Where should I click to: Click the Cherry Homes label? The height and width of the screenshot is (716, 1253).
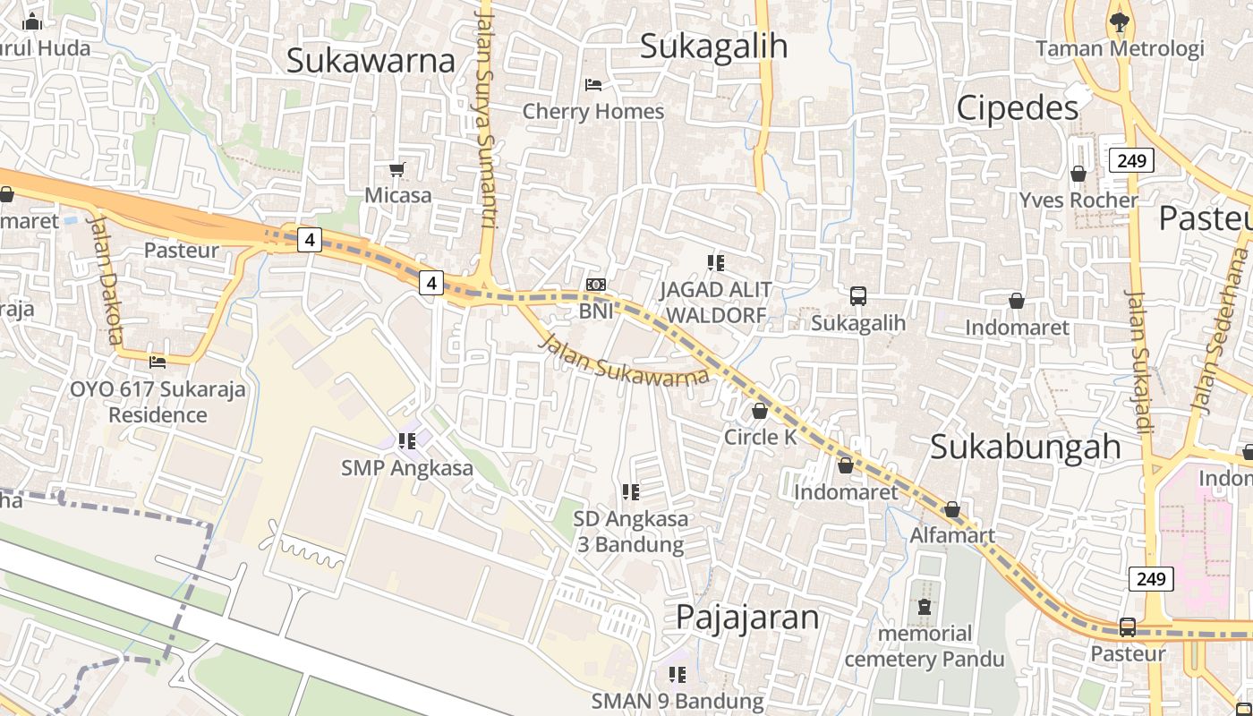[x=592, y=111]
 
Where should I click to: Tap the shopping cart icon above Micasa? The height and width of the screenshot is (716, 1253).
[x=397, y=169]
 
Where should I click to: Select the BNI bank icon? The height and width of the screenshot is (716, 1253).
[x=596, y=285]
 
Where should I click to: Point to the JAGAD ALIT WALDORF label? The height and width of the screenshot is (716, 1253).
[x=716, y=303]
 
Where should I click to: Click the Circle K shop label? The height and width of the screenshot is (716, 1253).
[x=760, y=437]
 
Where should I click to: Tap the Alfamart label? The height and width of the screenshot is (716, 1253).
[x=952, y=535]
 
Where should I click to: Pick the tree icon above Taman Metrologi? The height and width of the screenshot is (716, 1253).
[x=1119, y=21]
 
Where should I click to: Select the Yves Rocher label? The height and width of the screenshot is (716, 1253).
[x=1078, y=200]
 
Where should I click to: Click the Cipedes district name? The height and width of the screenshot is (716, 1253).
[x=1018, y=108]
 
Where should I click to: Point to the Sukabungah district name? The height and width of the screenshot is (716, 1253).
[x=1025, y=446]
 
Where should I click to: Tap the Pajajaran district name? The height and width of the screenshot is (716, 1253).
[x=747, y=617]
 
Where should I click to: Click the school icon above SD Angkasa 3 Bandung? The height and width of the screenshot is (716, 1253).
[x=631, y=491]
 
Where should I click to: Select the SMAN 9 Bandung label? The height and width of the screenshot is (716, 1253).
[x=678, y=701]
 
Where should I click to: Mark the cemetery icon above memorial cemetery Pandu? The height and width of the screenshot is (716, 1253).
[x=925, y=608]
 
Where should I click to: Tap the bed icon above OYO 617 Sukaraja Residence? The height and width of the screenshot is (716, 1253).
[x=158, y=362]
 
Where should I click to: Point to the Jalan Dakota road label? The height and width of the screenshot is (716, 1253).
[x=106, y=278]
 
